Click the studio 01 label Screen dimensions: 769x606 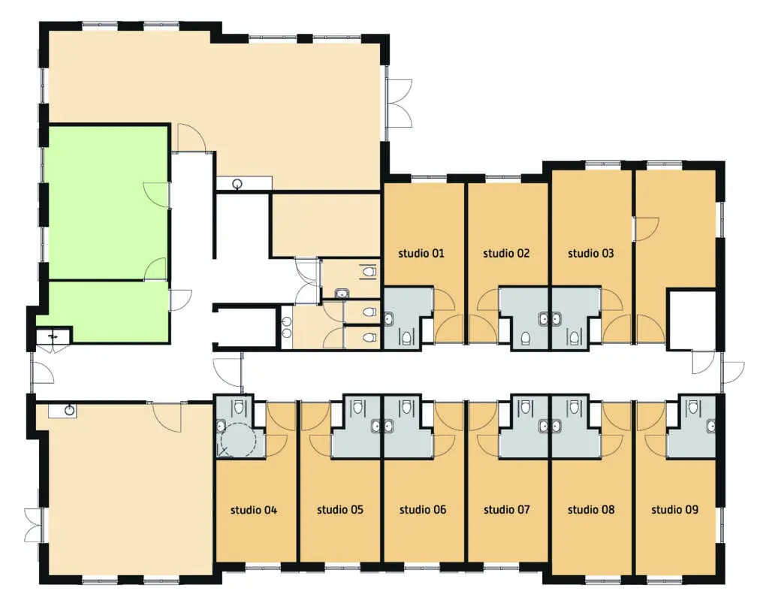pyautogui.click(x=421, y=253)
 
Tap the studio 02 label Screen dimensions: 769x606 pyautogui.click(x=506, y=253)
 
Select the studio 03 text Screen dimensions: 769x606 pyautogui.click(x=590, y=253)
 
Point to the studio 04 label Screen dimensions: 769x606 pyautogui.click(x=254, y=510)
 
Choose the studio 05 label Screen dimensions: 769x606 pyautogui.click(x=340, y=510)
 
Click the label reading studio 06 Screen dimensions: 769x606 pyautogui.click(x=423, y=510)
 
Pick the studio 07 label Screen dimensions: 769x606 pyautogui.click(x=507, y=510)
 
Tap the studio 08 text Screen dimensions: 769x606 pyautogui.click(x=591, y=510)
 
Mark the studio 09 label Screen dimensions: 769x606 pyautogui.click(x=675, y=510)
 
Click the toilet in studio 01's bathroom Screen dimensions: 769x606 pyautogui.click(x=406, y=336)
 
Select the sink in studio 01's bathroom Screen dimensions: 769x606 pyautogui.click(x=388, y=318)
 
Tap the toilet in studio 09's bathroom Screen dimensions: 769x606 pyautogui.click(x=692, y=406)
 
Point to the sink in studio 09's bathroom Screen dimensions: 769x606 pyautogui.click(x=710, y=426)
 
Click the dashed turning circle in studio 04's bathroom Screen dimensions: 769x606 pyautogui.click(x=238, y=439)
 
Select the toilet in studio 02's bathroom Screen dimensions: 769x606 pyautogui.click(x=525, y=337)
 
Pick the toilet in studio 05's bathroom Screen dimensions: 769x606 pyautogui.click(x=358, y=406)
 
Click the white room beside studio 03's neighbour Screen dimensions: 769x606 pyautogui.click(x=692, y=321)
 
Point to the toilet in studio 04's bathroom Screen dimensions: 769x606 pyautogui.click(x=239, y=406)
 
